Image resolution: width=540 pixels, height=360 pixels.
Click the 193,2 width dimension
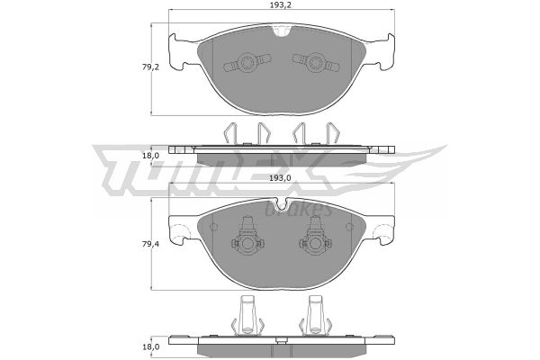pyautogui.click(x=282, y=4)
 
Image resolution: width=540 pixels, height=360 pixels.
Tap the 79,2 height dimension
pyautogui.click(x=151, y=67)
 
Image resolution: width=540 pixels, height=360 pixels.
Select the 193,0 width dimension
pyautogui.click(x=280, y=178)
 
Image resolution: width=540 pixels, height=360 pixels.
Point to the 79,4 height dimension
pyautogui.click(x=151, y=244)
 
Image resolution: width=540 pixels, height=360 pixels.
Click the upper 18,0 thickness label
pyautogui.click(x=151, y=156)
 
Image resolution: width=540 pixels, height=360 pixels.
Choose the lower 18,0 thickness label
pyautogui.click(x=151, y=346)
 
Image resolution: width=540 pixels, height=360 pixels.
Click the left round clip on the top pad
pyautogui.click(x=247, y=63)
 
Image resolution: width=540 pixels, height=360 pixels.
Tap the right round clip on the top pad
pyautogui.click(x=315, y=63)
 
